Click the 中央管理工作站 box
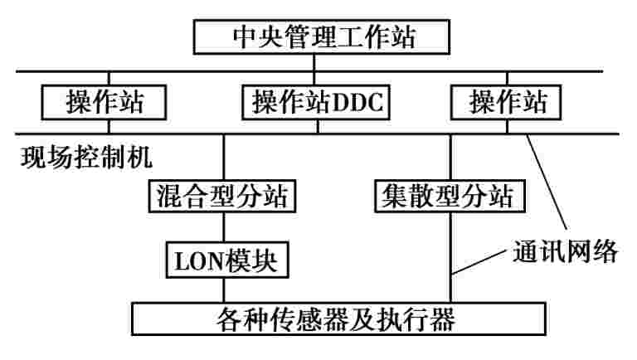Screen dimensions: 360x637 (x=322, y=36)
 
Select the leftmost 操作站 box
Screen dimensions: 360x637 (x=105, y=102)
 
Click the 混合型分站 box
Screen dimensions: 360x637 (x=224, y=197)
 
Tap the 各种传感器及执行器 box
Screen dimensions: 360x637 (x=339, y=318)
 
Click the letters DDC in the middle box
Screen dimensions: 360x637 (x=359, y=102)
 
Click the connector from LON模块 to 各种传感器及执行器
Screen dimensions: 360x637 (x=224, y=289)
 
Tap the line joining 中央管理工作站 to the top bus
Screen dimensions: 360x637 (x=322, y=61)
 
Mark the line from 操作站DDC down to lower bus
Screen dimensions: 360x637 (x=320, y=126)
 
